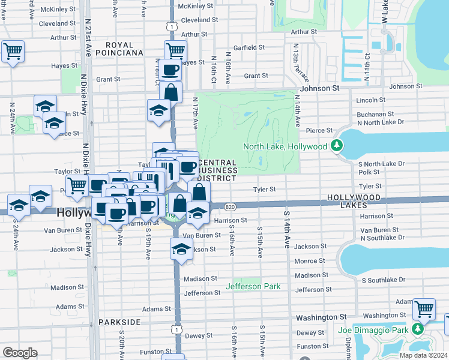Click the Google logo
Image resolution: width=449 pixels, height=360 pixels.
click(20, 353)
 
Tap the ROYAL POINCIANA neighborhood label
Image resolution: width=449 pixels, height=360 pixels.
click(124, 49)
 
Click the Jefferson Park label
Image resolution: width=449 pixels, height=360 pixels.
click(253, 286)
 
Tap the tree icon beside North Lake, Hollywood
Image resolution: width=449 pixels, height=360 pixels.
click(337, 146)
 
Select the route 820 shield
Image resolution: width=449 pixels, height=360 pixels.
click(230, 206)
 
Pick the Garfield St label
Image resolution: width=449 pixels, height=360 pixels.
click(249, 47)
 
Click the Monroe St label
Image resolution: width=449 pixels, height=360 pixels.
click(310, 261)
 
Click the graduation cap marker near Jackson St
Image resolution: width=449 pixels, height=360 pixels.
click(181, 248)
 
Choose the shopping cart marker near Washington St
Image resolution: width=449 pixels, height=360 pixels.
click(424, 309)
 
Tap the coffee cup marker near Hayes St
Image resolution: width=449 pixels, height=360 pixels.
click(169, 70)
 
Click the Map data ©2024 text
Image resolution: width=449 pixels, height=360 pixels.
click(423, 355)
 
